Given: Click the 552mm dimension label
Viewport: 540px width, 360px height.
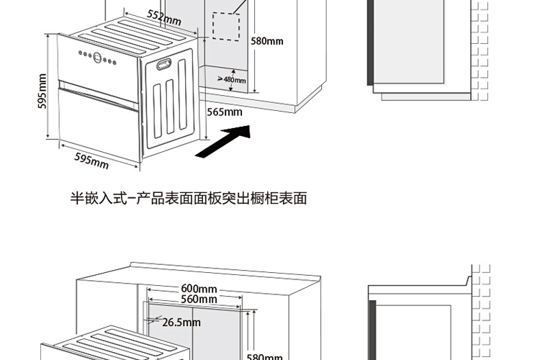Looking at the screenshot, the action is pos(163,17).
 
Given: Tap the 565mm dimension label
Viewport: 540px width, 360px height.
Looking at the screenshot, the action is pos(225,112).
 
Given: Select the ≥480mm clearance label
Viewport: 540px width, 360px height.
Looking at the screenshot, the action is pos(231,79).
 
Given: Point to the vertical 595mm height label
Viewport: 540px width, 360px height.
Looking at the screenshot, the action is pos(42,93).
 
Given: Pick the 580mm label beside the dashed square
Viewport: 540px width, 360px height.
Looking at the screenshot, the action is pos(267,41).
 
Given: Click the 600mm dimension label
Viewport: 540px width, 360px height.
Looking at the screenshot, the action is pos(199,289).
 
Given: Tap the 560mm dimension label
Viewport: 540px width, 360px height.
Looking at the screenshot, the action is pos(199,299).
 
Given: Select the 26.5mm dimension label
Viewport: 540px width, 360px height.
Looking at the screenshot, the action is pos(181,323).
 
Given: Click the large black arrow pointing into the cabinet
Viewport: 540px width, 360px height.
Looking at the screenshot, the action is pos(224,141).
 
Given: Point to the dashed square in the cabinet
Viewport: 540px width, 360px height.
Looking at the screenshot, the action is pos(225,27).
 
